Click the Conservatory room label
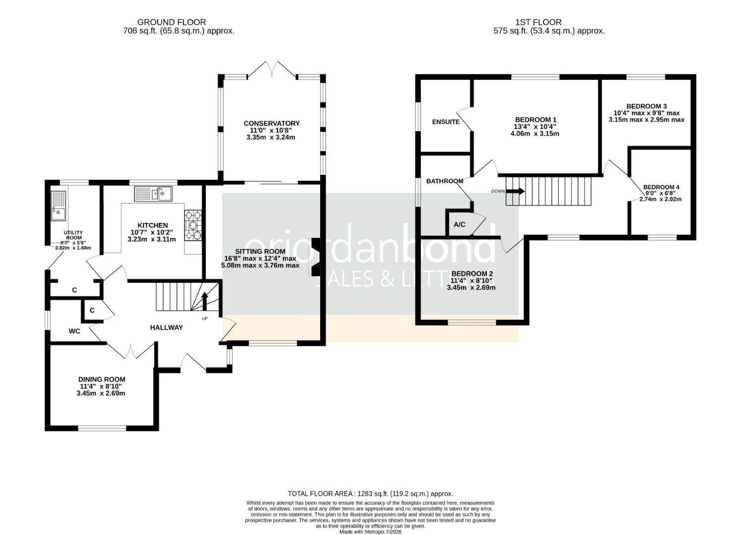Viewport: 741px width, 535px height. point(271,123)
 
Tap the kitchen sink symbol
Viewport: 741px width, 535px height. point(153,193)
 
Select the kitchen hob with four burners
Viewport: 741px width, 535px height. point(193,225)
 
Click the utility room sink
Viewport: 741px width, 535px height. point(58,206)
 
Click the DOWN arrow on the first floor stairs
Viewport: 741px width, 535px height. point(515,191)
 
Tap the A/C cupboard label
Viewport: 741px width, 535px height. point(459,224)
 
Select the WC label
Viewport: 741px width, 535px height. point(74,331)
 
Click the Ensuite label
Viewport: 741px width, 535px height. point(446,122)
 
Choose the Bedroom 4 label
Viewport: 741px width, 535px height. point(661,187)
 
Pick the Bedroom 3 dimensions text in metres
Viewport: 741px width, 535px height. point(646,119)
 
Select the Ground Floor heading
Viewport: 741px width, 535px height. point(171,22)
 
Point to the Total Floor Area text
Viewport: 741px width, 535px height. point(370,493)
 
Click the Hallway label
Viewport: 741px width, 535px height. point(167,327)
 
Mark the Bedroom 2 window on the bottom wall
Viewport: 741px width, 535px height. point(471,322)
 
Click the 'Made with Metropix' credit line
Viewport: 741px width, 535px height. point(370,532)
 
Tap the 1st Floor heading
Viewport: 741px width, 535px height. point(538,22)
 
